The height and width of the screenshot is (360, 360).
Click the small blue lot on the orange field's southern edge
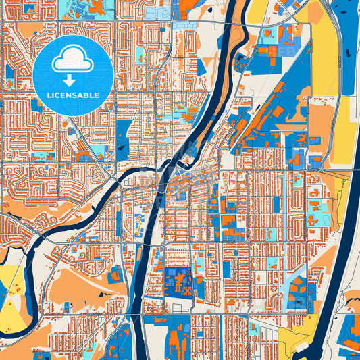click(116, 274)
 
